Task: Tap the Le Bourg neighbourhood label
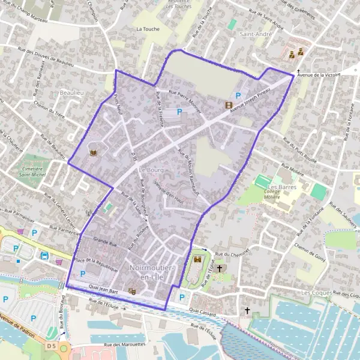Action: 151,170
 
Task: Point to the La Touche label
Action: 146,28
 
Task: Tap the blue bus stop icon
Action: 44,255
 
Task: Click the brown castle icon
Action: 197,260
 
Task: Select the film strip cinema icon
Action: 229,105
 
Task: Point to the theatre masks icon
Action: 132,292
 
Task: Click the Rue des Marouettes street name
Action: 125,345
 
